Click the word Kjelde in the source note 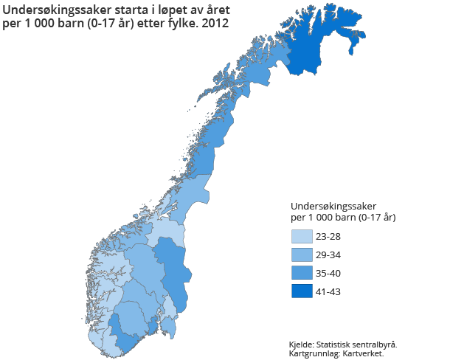(x=301, y=345)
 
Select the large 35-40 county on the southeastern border (x=174, y=273)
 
